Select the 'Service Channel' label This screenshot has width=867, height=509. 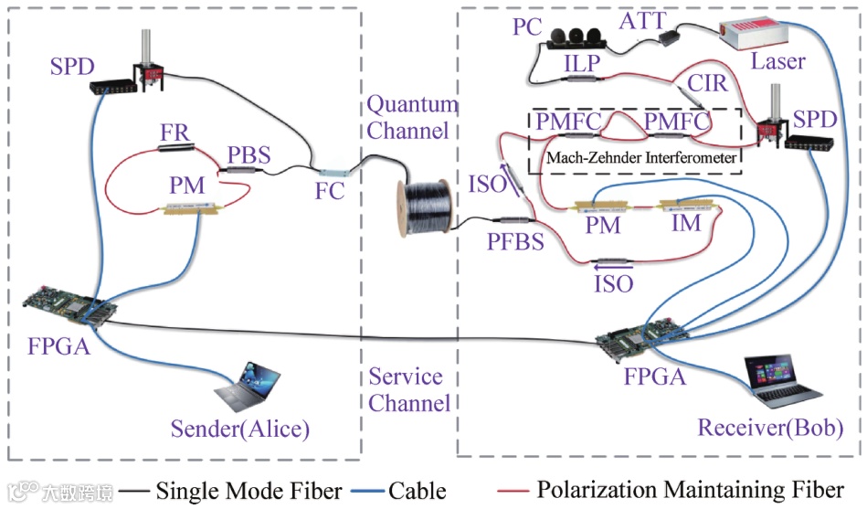407,389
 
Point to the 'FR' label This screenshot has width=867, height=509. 174,132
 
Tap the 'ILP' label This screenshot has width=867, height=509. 581,64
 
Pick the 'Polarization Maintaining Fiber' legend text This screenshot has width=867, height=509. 690,490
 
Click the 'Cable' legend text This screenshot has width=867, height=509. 418,490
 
